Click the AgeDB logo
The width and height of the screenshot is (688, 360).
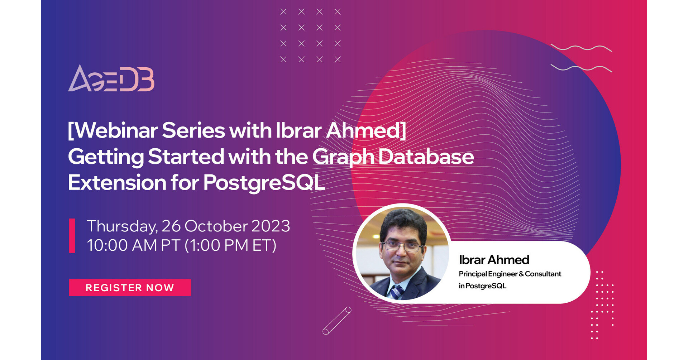click(x=111, y=78)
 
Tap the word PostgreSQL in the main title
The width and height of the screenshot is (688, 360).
click(x=264, y=183)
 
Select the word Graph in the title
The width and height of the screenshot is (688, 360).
click(x=343, y=157)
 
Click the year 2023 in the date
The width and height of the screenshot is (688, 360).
click(x=271, y=226)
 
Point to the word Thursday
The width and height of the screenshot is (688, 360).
click(x=122, y=226)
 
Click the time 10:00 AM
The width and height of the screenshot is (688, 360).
click(x=122, y=246)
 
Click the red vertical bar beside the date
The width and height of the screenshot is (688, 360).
click(x=72, y=236)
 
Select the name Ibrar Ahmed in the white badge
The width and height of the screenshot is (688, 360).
click(x=494, y=260)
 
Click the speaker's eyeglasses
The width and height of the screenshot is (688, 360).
click(x=402, y=246)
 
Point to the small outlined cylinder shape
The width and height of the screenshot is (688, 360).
click(x=337, y=321)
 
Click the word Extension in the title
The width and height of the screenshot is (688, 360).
click(x=117, y=183)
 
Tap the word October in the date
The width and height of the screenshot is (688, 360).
click(x=216, y=226)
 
